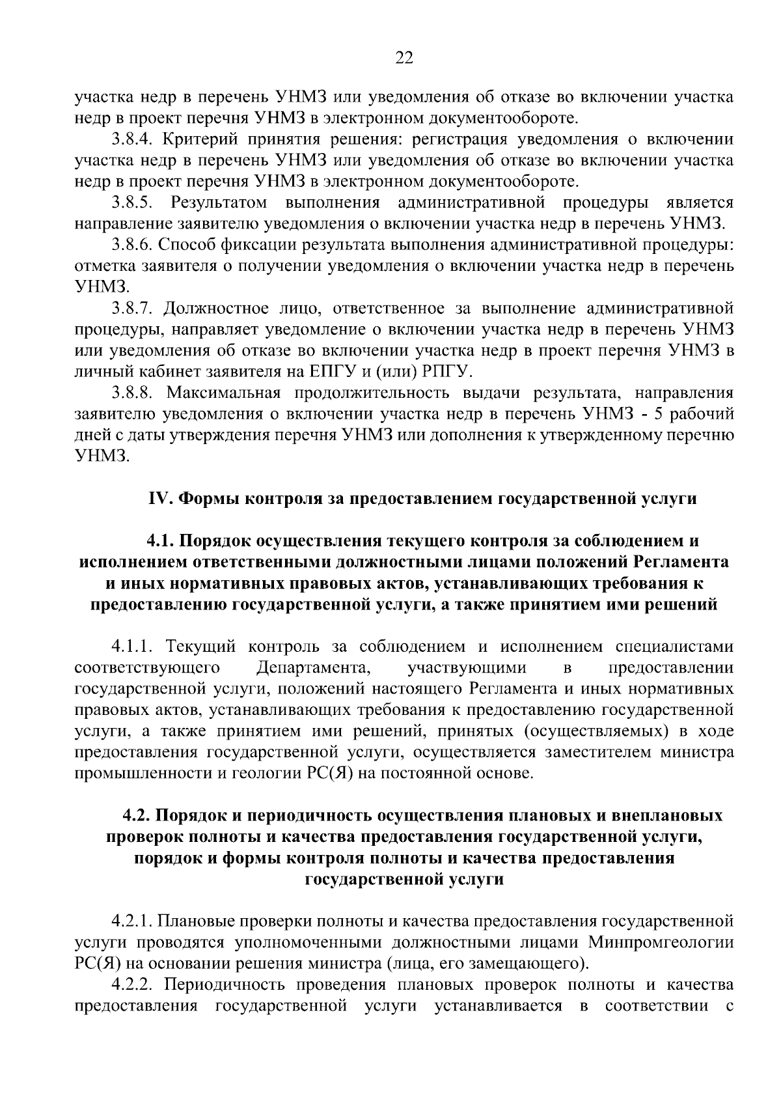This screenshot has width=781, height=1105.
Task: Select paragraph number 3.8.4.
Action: pyautogui.click(x=131, y=139)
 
